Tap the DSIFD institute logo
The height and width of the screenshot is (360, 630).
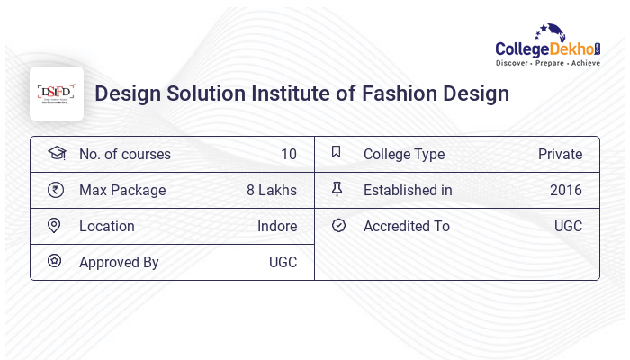tap(57, 94)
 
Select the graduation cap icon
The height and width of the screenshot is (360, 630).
tap(57, 154)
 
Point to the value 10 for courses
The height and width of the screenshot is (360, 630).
tap(288, 155)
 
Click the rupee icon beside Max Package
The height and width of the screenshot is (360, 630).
tap(56, 190)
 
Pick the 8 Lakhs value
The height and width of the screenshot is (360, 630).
tap(272, 191)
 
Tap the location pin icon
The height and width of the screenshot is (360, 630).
tap(55, 226)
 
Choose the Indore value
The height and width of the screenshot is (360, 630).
tap(277, 227)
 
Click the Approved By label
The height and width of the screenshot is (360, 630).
tap(119, 263)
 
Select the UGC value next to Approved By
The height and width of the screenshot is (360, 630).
tap(283, 263)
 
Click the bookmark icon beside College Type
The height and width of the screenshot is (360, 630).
tap(337, 153)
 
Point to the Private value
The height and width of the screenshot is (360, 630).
tap(560, 155)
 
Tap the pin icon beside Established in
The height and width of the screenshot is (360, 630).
tap(337, 189)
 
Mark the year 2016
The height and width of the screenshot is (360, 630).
tap(566, 191)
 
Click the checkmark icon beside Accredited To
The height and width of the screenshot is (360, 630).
tap(338, 226)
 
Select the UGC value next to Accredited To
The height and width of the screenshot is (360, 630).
tap(568, 227)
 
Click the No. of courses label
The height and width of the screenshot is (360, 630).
tap(125, 155)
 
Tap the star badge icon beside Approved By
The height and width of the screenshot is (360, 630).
tap(55, 262)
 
